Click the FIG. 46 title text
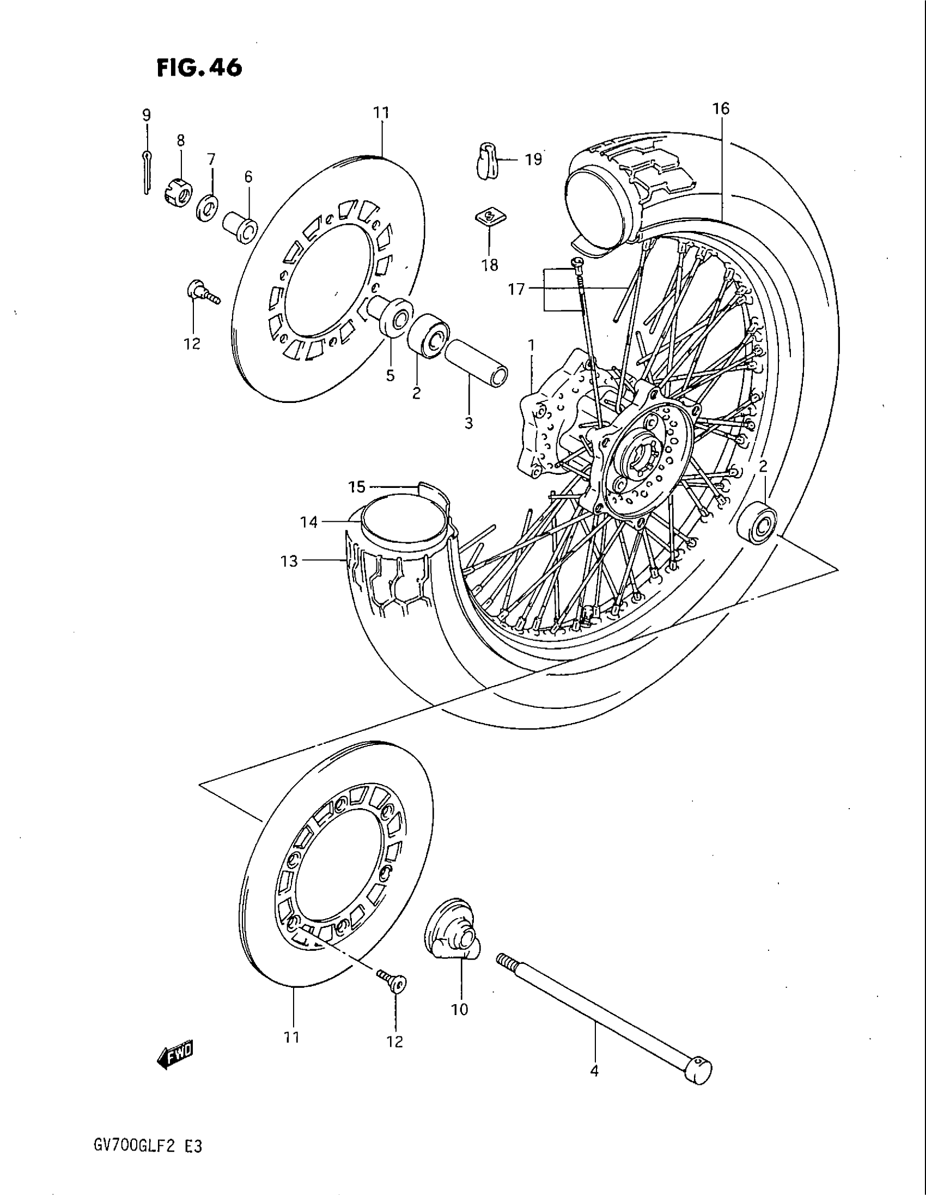point(199,68)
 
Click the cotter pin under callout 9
point(145,172)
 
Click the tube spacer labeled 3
point(475,363)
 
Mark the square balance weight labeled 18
point(490,216)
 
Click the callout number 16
point(721,108)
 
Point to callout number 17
point(516,289)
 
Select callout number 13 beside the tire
point(289,561)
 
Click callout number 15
point(356,486)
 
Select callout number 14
point(309,522)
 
